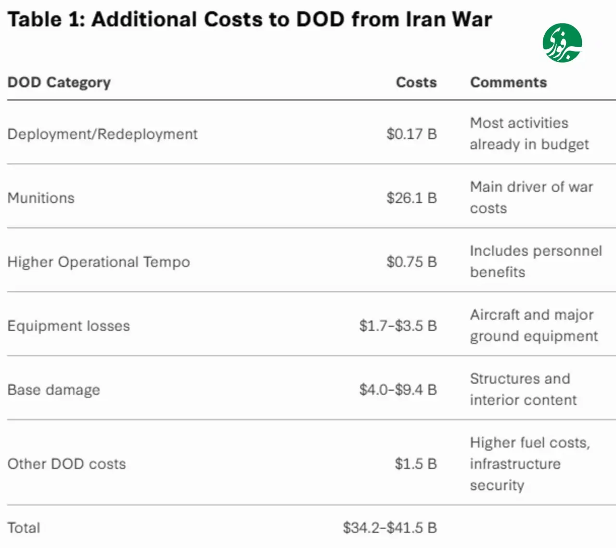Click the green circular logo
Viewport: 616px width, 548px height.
click(x=562, y=43)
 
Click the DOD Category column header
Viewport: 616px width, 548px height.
click(x=59, y=83)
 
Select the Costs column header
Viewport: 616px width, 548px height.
click(x=416, y=82)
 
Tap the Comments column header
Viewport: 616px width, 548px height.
click(x=508, y=82)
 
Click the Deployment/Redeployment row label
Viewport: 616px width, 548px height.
click(x=103, y=134)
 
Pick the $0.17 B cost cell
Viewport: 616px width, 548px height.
click(x=411, y=134)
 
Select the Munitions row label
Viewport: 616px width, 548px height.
click(x=41, y=198)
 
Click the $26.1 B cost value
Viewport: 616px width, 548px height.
click(x=411, y=198)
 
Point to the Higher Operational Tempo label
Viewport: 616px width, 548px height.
click(x=99, y=262)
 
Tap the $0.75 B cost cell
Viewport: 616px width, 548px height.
click(x=411, y=261)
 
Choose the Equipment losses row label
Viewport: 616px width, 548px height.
click(x=69, y=326)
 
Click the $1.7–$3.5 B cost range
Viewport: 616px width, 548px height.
click(x=398, y=326)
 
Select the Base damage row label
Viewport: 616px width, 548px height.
click(x=54, y=390)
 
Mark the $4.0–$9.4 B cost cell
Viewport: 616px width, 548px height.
click(x=398, y=390)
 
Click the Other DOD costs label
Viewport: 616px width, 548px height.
click(x=66, y=464)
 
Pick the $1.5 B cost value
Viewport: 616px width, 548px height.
click(x=416, y=464)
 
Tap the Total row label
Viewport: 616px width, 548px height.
click(x=24, y=528)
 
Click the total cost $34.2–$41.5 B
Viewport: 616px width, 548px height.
click(x=390, y=528)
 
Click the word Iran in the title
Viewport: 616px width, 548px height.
click(x=425, y=19)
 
